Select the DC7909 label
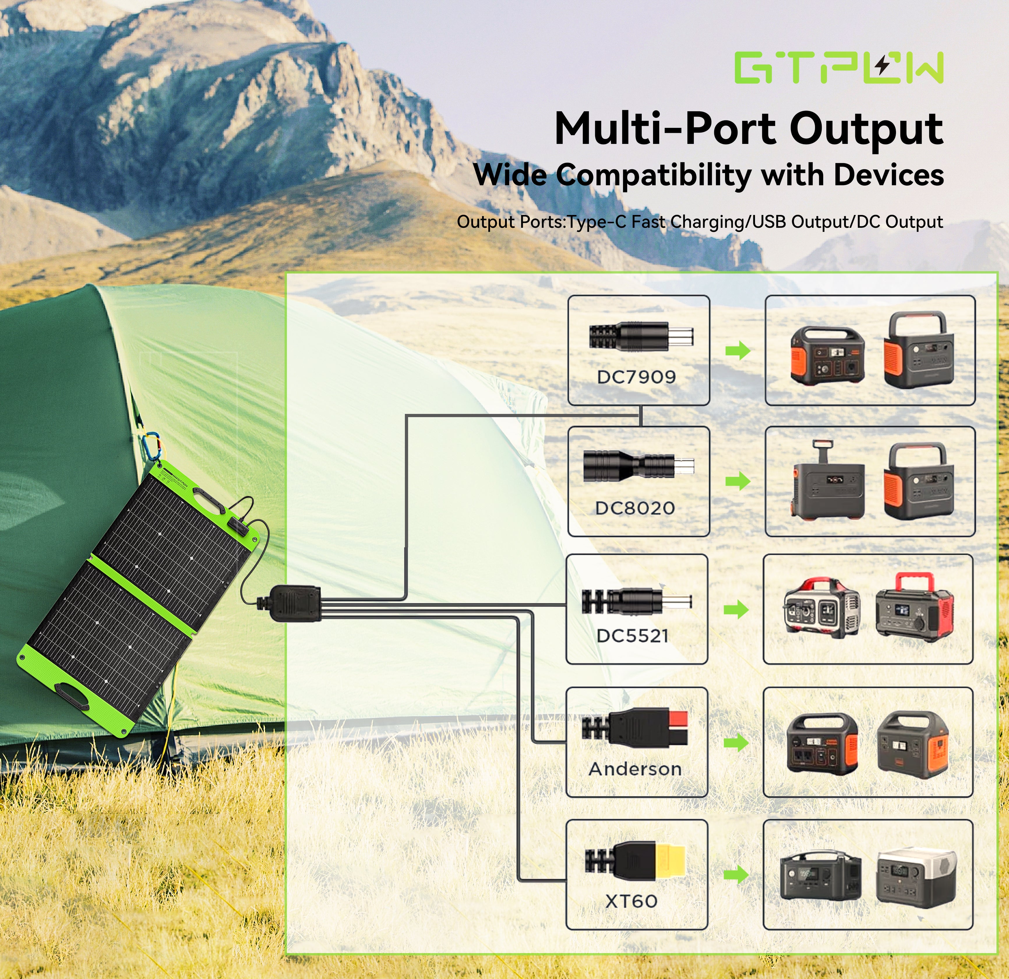point(636,377)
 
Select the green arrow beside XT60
point(736,874)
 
